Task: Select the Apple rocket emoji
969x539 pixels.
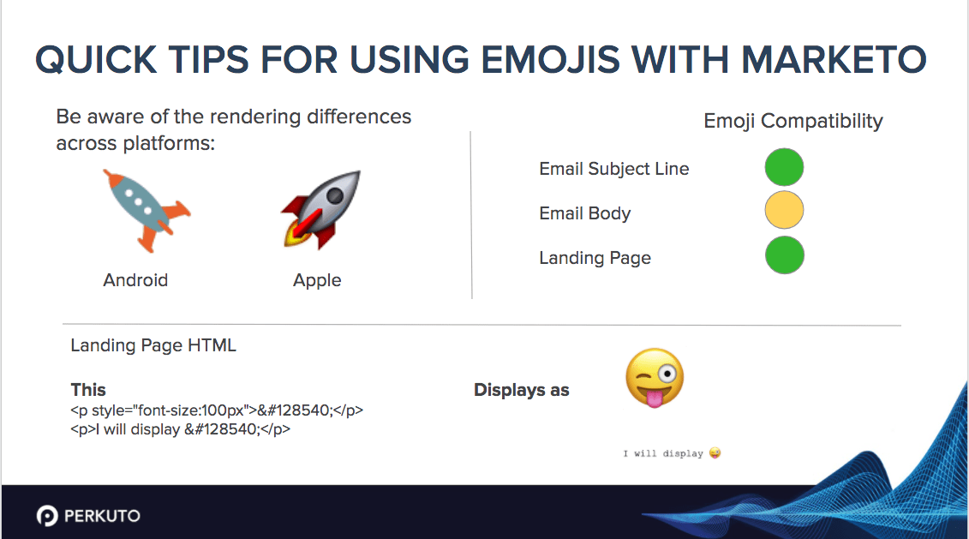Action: click(x=320, y=210)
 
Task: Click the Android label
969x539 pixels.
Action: click(x=135, y=280)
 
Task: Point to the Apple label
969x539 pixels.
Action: click(x=317, y=280)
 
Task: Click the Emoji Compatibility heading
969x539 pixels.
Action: click(x=793, y=121)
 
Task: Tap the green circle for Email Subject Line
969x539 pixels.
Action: click(x=784, y=167)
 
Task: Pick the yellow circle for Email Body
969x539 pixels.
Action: click(x=784, y=211)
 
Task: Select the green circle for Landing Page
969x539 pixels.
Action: click(x=784, y=255)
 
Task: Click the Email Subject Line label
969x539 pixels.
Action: click(x=613, y=169)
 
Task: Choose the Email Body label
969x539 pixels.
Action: click(x=584, y=213)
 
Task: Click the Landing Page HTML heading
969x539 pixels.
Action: click(x=153, y=345)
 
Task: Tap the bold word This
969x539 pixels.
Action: click(x=88, y=390)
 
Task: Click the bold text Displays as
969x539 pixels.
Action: click(x=521, y=391)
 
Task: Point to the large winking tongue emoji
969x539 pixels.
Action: click(x=655, y=379)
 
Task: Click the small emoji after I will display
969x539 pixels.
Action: click(x=715, y=452)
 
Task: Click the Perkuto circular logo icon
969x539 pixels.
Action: click(x=47, y=516)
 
